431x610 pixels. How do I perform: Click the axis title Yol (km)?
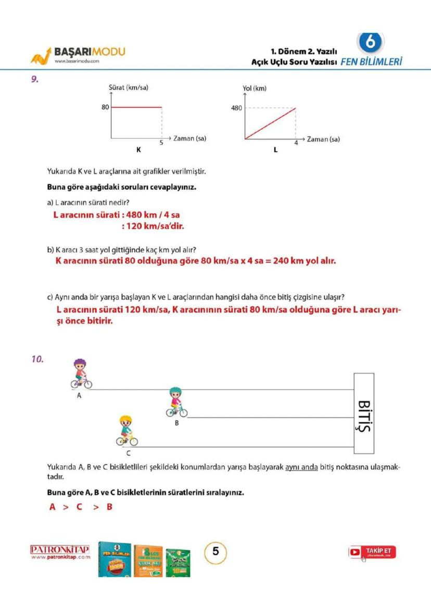(x=255, y=89)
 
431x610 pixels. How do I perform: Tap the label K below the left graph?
(x=138, y=150)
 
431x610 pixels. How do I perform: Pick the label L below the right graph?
(x=275, y=150)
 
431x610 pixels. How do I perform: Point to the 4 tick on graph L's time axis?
(x=296, y=143)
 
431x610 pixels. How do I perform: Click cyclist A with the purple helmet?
(x=81, y=374)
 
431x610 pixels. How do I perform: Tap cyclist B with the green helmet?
(x=176, y=403)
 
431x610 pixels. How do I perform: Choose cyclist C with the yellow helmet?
(x=126, y=431)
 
